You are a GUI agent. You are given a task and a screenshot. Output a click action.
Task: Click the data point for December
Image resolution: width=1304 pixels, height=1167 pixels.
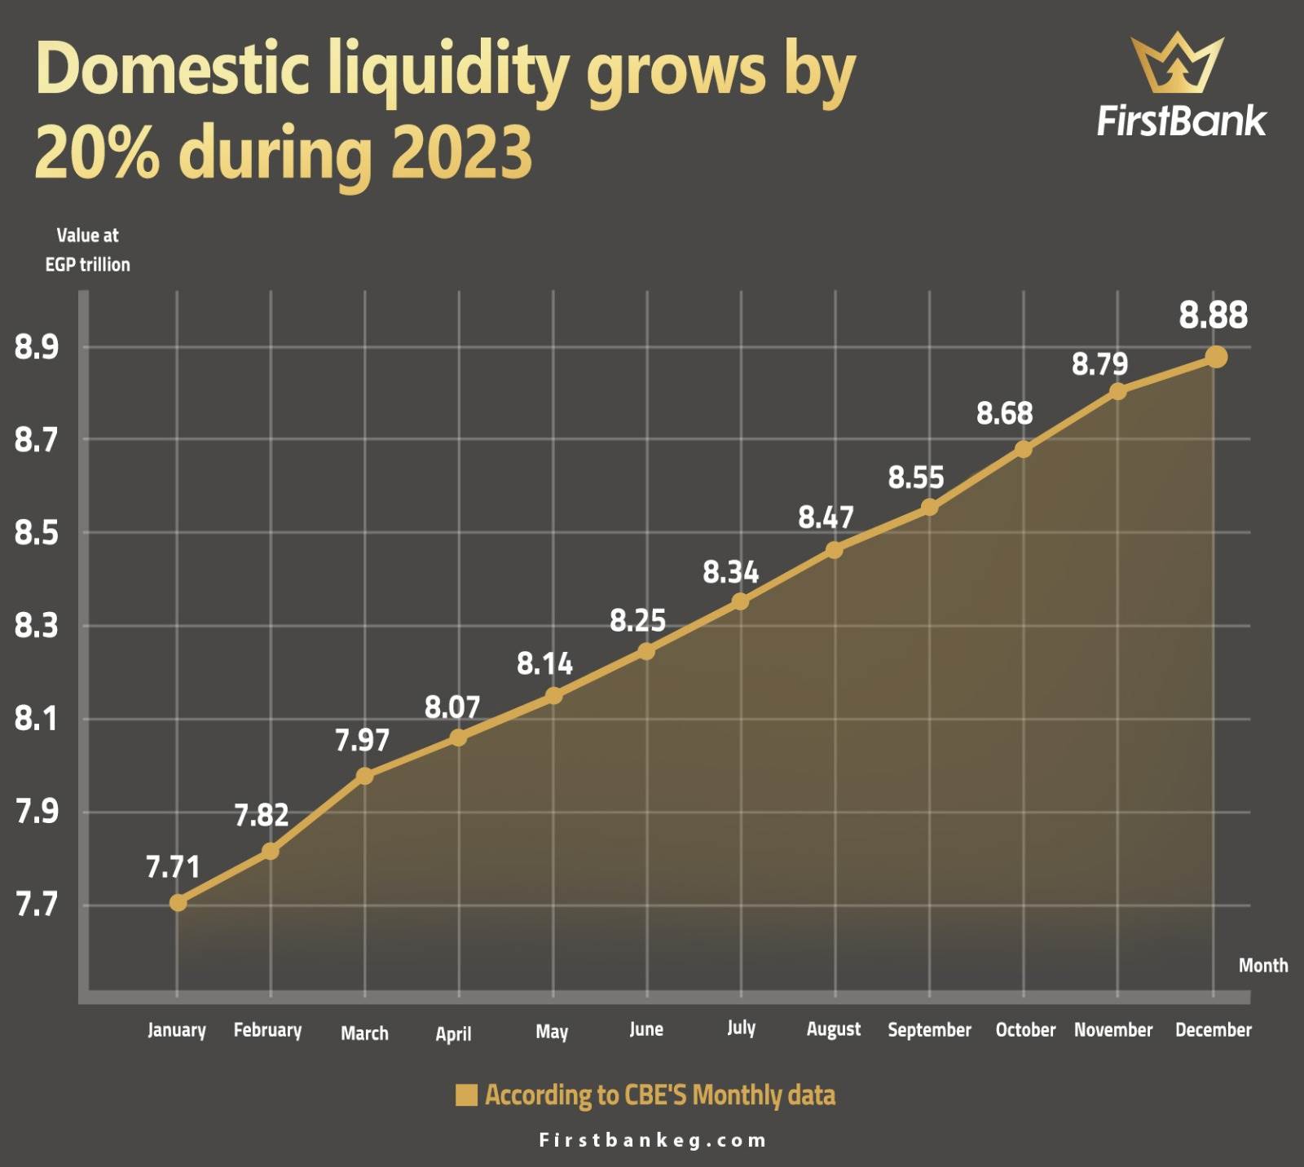[1216, 357]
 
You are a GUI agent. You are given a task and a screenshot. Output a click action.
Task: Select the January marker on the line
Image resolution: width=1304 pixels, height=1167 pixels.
[178, 903]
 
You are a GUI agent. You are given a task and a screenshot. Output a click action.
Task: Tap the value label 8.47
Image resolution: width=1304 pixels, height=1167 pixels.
[826, 517]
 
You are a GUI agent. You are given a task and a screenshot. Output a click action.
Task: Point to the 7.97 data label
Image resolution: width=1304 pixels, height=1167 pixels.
[363, 740]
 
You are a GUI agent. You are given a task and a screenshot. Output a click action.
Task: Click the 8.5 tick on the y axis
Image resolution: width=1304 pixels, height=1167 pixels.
[37, 533]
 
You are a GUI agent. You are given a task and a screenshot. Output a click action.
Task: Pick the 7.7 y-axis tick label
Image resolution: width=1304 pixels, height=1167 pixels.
[37, 905]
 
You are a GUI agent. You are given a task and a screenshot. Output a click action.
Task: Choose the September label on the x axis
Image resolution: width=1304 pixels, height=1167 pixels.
[929, 1030]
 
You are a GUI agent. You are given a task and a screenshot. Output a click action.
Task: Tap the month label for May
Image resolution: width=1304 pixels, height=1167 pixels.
[552, 1032]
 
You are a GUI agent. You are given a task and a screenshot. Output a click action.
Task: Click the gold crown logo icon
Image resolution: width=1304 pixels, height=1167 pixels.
[1177, 63]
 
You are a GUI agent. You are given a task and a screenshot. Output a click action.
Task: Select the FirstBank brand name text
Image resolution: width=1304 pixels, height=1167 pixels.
[1181, 121]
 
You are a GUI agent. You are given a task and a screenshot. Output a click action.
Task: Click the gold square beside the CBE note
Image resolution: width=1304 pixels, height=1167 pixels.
[466, 1095]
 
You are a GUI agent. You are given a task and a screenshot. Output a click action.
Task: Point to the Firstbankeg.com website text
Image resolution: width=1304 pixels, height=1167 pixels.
[653, 1140]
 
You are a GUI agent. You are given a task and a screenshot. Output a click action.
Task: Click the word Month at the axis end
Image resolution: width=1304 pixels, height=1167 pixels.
[1263, 966]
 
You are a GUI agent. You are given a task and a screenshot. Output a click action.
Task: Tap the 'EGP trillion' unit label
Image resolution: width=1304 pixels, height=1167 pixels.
[87, 265]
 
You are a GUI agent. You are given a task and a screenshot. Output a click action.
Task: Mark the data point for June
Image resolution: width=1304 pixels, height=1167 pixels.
[646, 651]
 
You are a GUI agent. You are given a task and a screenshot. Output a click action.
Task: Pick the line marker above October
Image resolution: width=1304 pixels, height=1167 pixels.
[1024, 449]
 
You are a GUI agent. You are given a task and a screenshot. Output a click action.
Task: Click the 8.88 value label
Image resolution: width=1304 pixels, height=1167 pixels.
[1214, 315]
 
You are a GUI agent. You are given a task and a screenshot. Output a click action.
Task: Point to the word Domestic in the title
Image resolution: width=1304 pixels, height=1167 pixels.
[173, 68]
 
